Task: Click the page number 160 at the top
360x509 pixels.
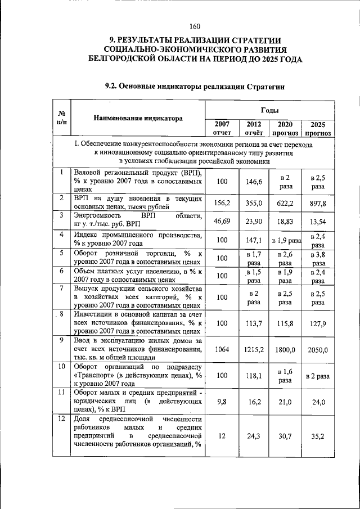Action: pos(195,26)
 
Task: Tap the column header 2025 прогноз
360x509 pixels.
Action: pos(318,129)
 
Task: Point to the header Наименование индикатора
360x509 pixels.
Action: pos(138,119)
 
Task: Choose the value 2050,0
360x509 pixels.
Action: pos(318,349)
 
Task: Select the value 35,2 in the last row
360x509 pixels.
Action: pos(318,436)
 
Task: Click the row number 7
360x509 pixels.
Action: pos(61,289)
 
